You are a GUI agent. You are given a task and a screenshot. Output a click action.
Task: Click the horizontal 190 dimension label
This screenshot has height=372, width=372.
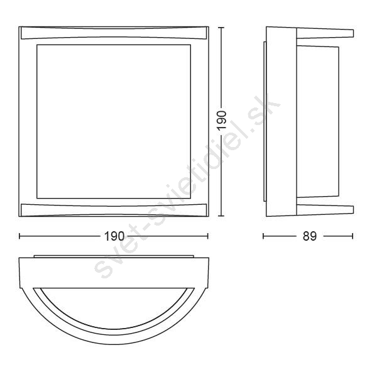114,236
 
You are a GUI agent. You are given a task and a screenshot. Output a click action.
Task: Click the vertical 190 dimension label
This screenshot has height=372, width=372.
222,120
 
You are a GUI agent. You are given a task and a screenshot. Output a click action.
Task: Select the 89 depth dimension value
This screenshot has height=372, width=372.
310,236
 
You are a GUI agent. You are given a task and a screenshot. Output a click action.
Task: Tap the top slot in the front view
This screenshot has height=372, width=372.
114,33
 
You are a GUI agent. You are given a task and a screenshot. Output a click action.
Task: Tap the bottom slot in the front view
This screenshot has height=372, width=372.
114,210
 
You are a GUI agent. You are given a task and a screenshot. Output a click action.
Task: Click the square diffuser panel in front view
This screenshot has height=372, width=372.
114,121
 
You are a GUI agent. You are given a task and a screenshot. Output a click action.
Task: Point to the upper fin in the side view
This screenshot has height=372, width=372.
325,33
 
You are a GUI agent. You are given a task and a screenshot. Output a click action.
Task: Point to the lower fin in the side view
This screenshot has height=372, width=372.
325,209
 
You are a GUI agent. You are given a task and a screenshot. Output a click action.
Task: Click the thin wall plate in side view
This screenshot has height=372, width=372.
265,121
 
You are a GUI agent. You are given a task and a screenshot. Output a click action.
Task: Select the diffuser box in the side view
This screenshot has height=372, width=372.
318,121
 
